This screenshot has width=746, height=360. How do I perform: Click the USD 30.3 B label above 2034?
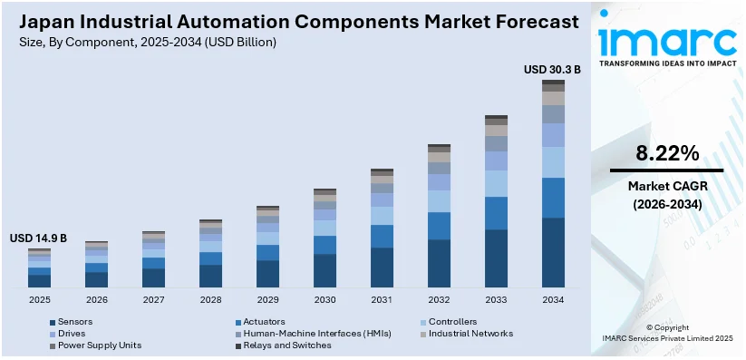(552, 69)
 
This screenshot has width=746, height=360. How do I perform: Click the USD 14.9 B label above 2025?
(38, 238)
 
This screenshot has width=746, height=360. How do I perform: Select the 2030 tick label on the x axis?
(325, 300)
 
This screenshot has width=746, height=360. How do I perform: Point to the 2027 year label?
(153, 300)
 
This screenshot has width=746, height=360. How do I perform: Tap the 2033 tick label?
(496, 300)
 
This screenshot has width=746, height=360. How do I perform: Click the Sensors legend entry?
(75, 322)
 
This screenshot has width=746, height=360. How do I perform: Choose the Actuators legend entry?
(264, 322)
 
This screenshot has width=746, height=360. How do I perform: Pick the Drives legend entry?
(73, 334)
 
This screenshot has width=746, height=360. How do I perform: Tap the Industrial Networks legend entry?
(470, 334)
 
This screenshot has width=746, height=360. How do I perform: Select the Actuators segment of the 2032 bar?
(439, 226)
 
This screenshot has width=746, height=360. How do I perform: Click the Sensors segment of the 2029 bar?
(267, 274)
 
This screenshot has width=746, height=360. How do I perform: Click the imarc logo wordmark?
(669, 40)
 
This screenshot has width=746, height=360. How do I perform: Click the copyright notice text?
(668, 333)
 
